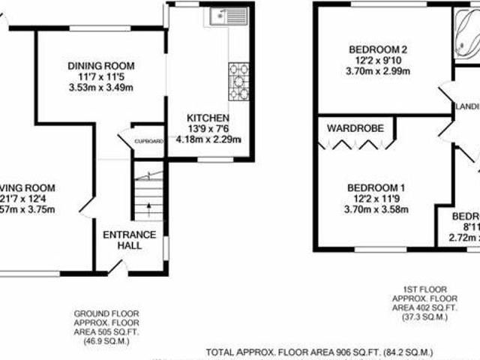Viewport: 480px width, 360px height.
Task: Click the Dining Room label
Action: coord(100,65)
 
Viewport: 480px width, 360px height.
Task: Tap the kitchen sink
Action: coord(226,15)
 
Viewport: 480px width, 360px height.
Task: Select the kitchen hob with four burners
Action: coord(238,80)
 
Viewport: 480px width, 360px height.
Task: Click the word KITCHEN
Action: coord(208,118)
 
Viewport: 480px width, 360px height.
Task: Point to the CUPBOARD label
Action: coord(148,140)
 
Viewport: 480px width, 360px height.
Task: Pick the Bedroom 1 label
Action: coord(376,187)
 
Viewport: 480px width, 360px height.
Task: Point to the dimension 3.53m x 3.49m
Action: coord(100,88)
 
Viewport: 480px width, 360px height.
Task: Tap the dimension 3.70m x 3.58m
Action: coord(376,209)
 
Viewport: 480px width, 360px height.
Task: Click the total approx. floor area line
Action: coord(319,352)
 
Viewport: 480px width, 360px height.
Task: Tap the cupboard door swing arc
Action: coord(123,139)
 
